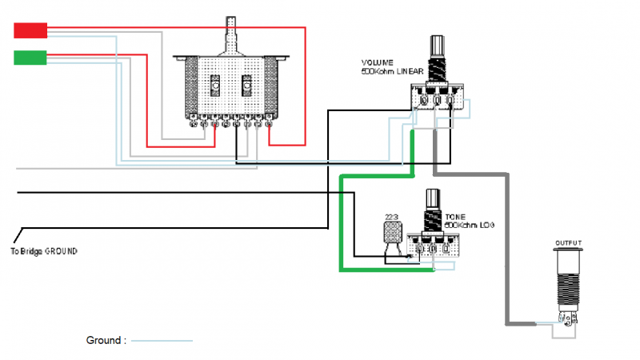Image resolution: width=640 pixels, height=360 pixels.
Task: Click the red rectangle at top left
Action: pyautogui.click(x=31, y=30)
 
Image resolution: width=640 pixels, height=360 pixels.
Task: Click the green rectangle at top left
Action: pyautogui.click(x=31, y=57)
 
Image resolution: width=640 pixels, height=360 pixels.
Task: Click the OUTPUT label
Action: pyautogui.click(x=569, y=242)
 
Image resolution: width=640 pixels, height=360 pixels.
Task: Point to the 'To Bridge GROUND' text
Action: pyautogui.click(x=45, y=250)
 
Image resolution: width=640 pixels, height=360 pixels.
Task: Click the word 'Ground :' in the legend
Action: pyautogui.click(x=106, y=340)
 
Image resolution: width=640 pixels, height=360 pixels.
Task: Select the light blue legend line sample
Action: pyautogui.click(x=162, y=341)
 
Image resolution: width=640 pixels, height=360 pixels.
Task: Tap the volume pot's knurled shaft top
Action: pyautogui.click(x=438, y=43)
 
